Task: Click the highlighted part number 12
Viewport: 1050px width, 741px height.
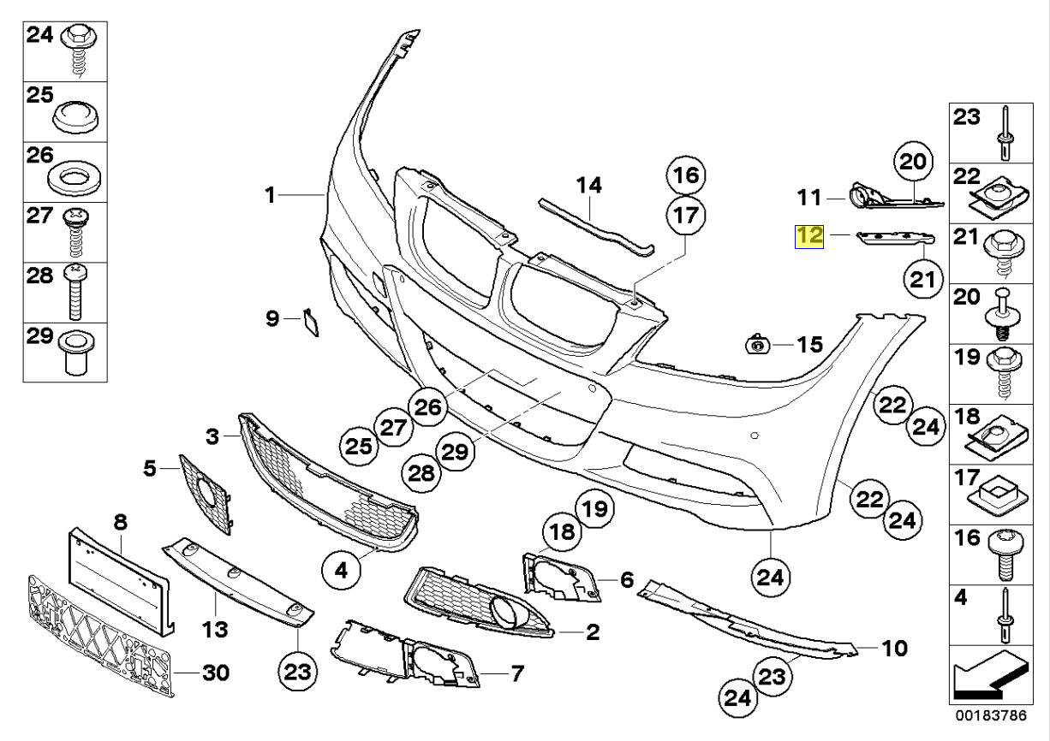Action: coord(809,235)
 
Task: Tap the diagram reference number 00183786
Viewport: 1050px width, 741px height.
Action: coord(992,714)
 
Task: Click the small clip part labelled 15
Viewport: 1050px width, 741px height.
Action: coord(757,344)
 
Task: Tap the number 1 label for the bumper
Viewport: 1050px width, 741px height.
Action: coord(270,196)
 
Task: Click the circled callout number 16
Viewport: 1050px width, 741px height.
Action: coord(685,175)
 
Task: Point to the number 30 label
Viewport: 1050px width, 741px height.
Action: coord(216,673)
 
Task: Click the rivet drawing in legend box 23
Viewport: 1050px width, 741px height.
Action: coord(1004,134)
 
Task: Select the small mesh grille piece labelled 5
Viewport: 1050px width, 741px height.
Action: coord(206,492)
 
